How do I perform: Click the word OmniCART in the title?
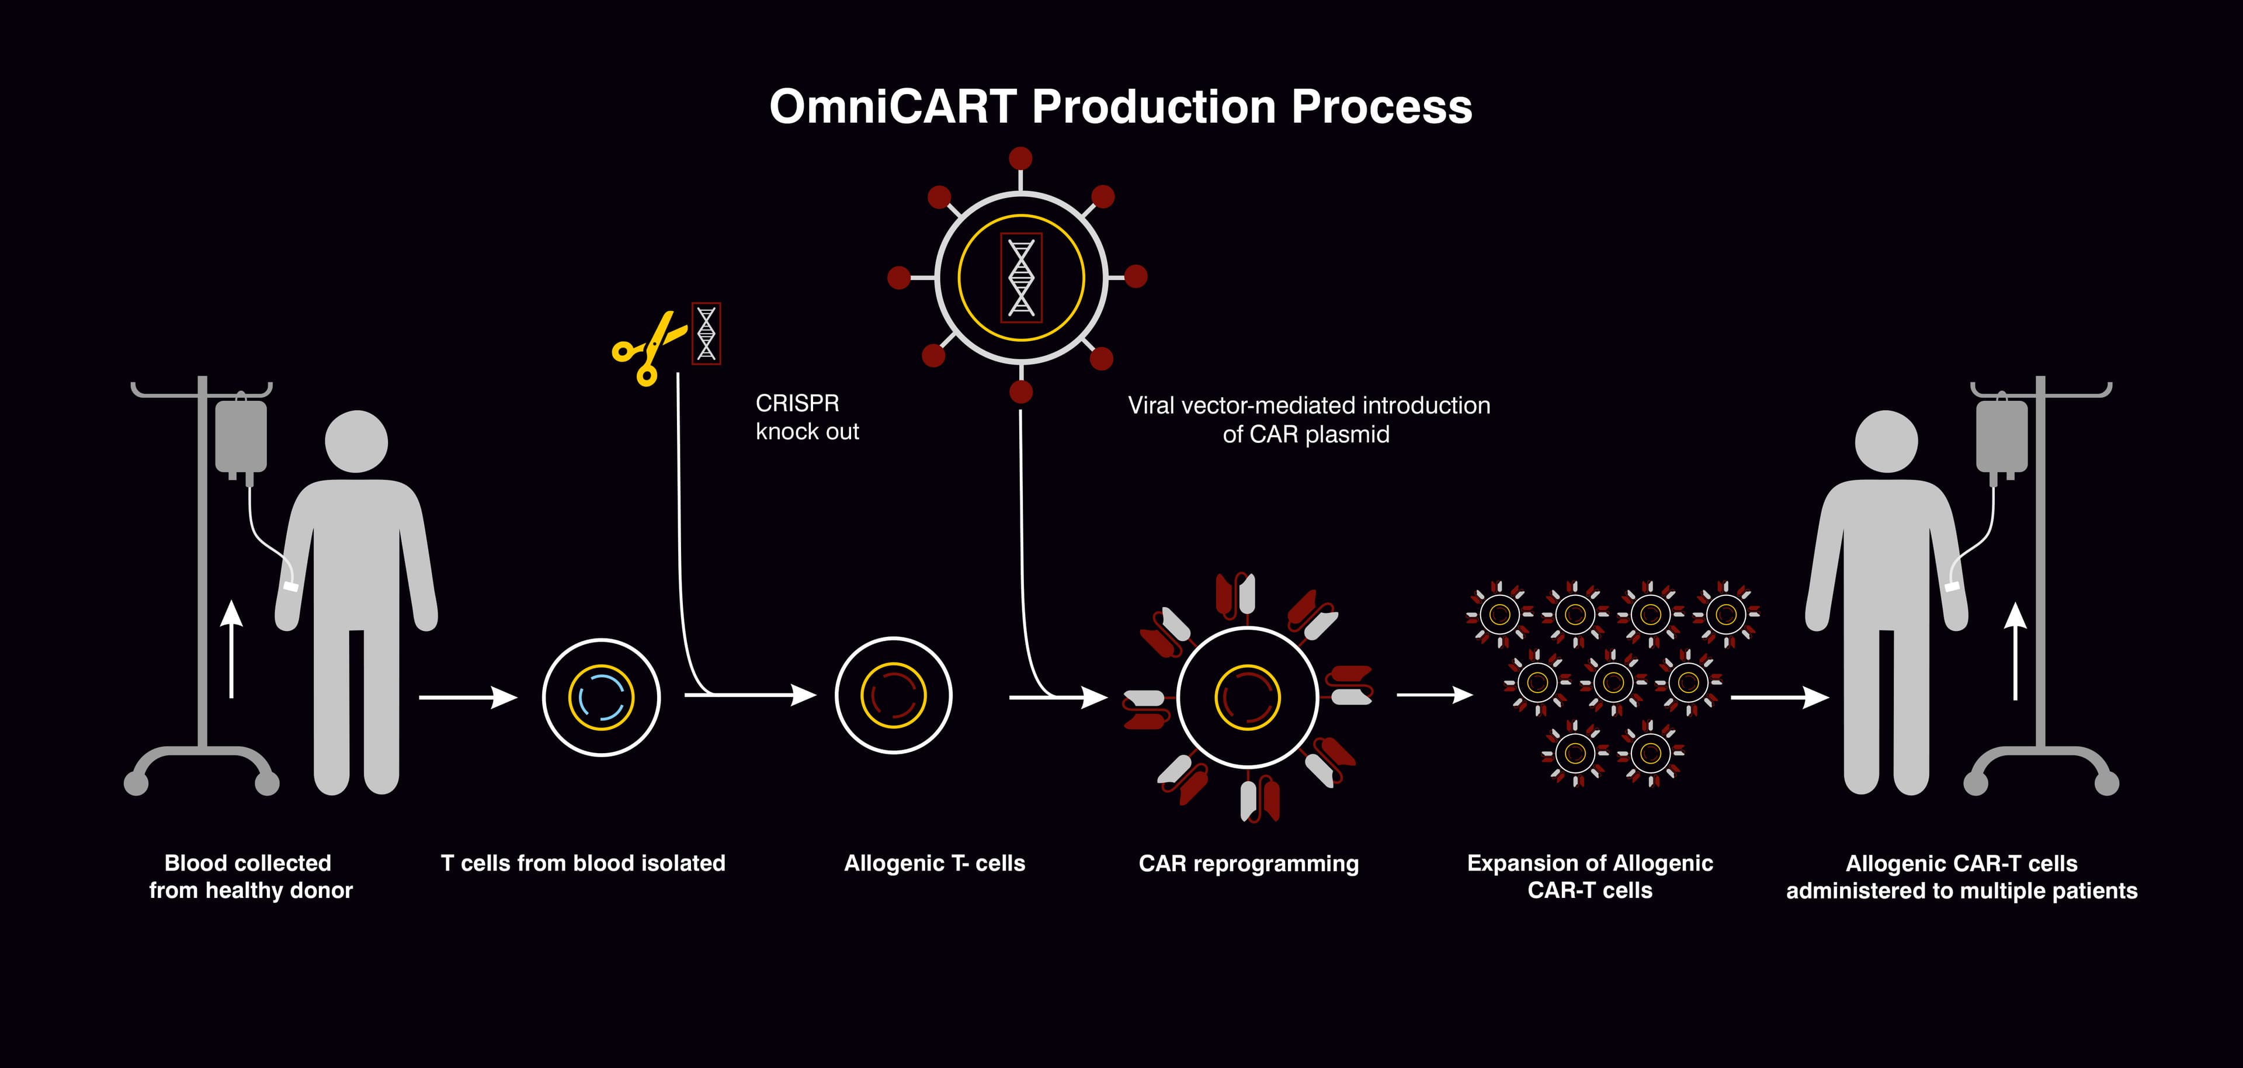tap(893, 107)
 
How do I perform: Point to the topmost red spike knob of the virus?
tap(1020, 158)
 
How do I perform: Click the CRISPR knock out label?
tap(806, 417)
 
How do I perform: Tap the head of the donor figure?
tap(356, 441)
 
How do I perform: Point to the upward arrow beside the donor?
tap(231, 649)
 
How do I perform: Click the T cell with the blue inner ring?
tap(601, 697)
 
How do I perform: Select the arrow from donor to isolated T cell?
tap(467, 697)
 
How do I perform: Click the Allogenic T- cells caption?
tap(935, 864)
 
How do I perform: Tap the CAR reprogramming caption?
tap(1248, 864)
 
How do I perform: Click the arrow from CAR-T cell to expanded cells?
tap(1434, 695)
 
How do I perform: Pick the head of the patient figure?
tap(1887, 441)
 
